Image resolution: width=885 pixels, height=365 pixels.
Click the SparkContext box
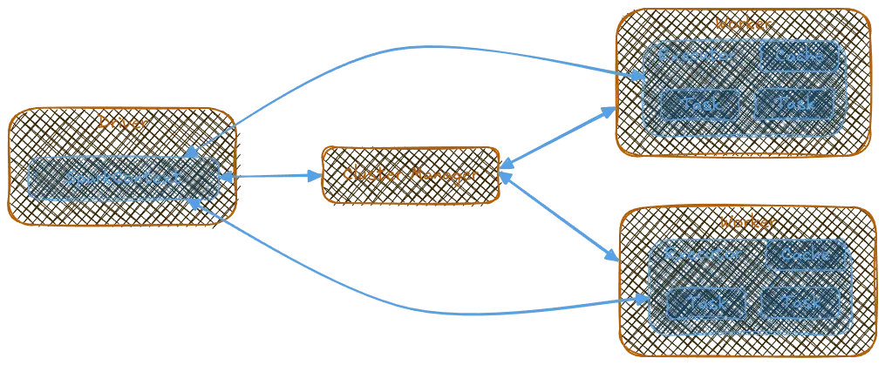[x=123, y=178]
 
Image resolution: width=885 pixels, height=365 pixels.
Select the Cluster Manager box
[x=411, y=175]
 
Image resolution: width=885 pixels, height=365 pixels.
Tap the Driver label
[x=122, y=123]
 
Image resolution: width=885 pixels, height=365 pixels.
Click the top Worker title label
[x=741, y=23]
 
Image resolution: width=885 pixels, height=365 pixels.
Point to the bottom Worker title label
[x=746, y=222]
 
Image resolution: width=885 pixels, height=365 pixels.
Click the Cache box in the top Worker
[x=799, y=56]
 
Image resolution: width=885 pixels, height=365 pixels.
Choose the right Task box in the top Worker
[x=793, y=104]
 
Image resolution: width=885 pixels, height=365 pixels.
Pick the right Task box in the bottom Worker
[x=800, y=302]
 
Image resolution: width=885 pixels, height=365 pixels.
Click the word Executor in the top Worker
[x=697, y=56]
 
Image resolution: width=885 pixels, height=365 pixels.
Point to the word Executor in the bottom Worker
[x=703, y=254]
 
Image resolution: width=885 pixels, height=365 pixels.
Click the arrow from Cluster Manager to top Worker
[x=558, y=135]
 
